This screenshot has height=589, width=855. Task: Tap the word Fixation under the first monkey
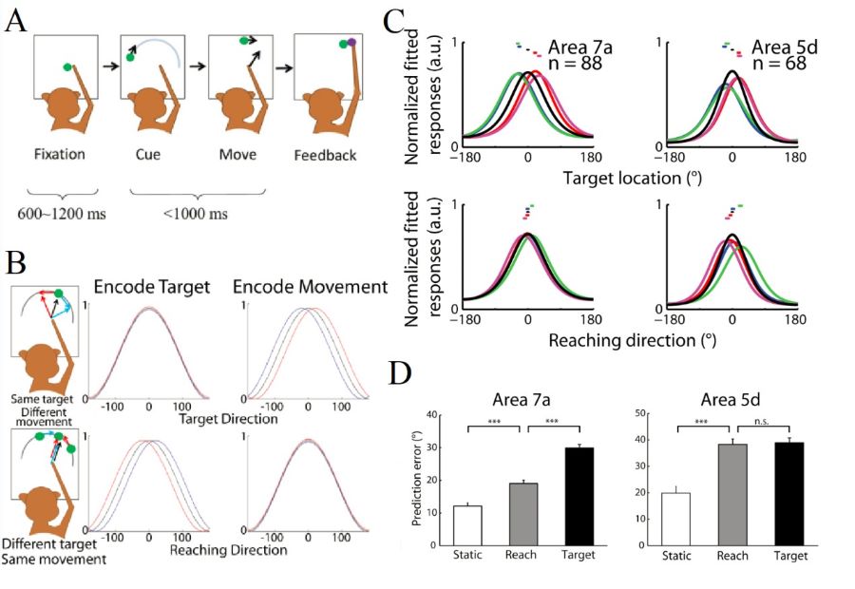60,154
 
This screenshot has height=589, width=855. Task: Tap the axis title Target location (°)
630,177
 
